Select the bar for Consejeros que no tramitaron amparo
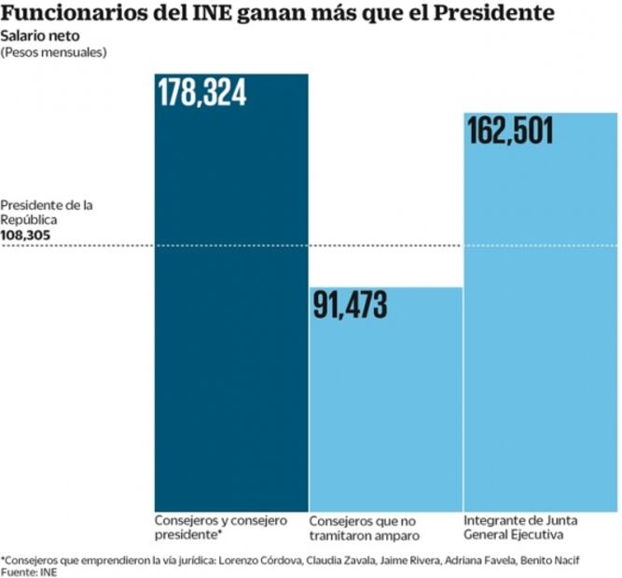point(385,410)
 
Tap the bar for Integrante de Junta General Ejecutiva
point(539,326)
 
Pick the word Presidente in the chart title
point(484,14)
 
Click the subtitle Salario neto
point(35,35)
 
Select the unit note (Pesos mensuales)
point(54,51)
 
